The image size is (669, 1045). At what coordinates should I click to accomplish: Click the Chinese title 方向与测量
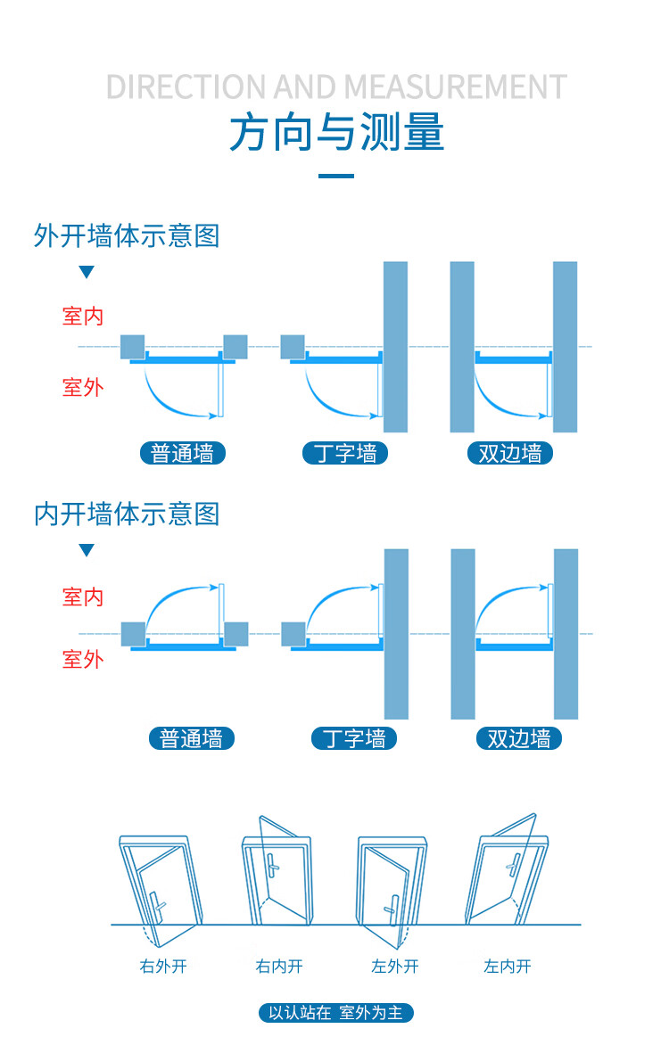coord(336,132)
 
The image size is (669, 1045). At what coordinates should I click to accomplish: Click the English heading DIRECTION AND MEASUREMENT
coord(336,87)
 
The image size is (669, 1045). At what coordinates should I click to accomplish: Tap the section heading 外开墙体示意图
coord(127,235)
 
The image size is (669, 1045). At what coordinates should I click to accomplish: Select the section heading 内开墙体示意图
coord(127,514)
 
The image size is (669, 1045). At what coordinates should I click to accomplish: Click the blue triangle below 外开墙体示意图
coord(87,272)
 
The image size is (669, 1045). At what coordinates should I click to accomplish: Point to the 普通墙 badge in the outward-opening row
coord(183,453)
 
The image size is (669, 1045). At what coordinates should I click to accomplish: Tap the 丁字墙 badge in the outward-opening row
coord(345,453)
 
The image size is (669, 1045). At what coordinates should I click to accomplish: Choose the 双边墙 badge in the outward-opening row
coord(510,453)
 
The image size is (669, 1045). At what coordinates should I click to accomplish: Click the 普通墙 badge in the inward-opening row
coord(192,738)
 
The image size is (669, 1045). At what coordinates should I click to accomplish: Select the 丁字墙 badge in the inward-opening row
coord(354,738)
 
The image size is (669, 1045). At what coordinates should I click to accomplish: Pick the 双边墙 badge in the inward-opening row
coord(519,738)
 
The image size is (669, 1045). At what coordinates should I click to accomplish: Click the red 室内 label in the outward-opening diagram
coord(83,316)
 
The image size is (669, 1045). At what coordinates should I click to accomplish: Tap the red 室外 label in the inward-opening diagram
coord(83,659)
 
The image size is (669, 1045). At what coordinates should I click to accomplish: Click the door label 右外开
coord(163,966)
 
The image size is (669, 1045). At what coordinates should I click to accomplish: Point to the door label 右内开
coord(279,966)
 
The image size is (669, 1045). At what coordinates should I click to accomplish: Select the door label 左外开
coord(395,966)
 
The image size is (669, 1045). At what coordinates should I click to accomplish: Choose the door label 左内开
coord(508,966)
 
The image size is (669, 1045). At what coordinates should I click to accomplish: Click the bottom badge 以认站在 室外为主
coord(336,1012)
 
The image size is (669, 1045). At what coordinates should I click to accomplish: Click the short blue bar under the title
coord(336,176)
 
